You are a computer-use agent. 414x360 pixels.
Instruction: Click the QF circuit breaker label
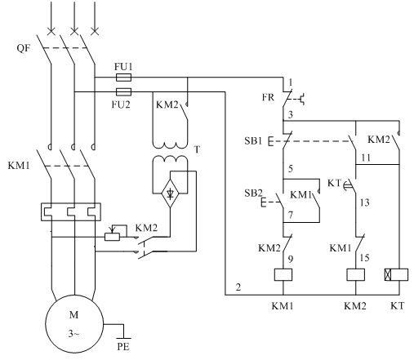tap(24, 48)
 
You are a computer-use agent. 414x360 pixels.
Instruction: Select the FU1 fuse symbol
tap(123, 78)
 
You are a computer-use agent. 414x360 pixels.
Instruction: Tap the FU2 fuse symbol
tap(123, 92)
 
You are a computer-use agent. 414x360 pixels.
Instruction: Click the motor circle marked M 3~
tap(74, 324)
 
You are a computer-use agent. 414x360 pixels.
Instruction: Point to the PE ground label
tap(123, 347)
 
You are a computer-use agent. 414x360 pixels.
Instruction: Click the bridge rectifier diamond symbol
tap(170, 193)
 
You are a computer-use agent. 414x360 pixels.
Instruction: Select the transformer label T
tap(197, 149)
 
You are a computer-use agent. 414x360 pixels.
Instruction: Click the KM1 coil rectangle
tap(283, 274)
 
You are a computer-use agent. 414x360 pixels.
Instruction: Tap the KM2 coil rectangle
tap(355, 274)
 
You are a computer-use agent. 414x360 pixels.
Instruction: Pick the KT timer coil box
tap(396, 274)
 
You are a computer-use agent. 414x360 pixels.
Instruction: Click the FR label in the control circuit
tap(268, 97)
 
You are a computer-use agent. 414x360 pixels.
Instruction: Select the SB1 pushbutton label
tap(253, 140)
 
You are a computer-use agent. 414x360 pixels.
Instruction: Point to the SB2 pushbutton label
tap(253, 193)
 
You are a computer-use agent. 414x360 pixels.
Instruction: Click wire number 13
tap(365, 202)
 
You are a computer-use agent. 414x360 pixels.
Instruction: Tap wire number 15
tap(365, 257)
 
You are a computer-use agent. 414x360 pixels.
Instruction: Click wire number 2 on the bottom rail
tap(238, 287)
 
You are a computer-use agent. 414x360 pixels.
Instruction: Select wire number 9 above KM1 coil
tap(291, 259)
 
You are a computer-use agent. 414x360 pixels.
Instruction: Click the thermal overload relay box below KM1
tap(71, 211)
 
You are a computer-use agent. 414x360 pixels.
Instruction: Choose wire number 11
tap(366, 158)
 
